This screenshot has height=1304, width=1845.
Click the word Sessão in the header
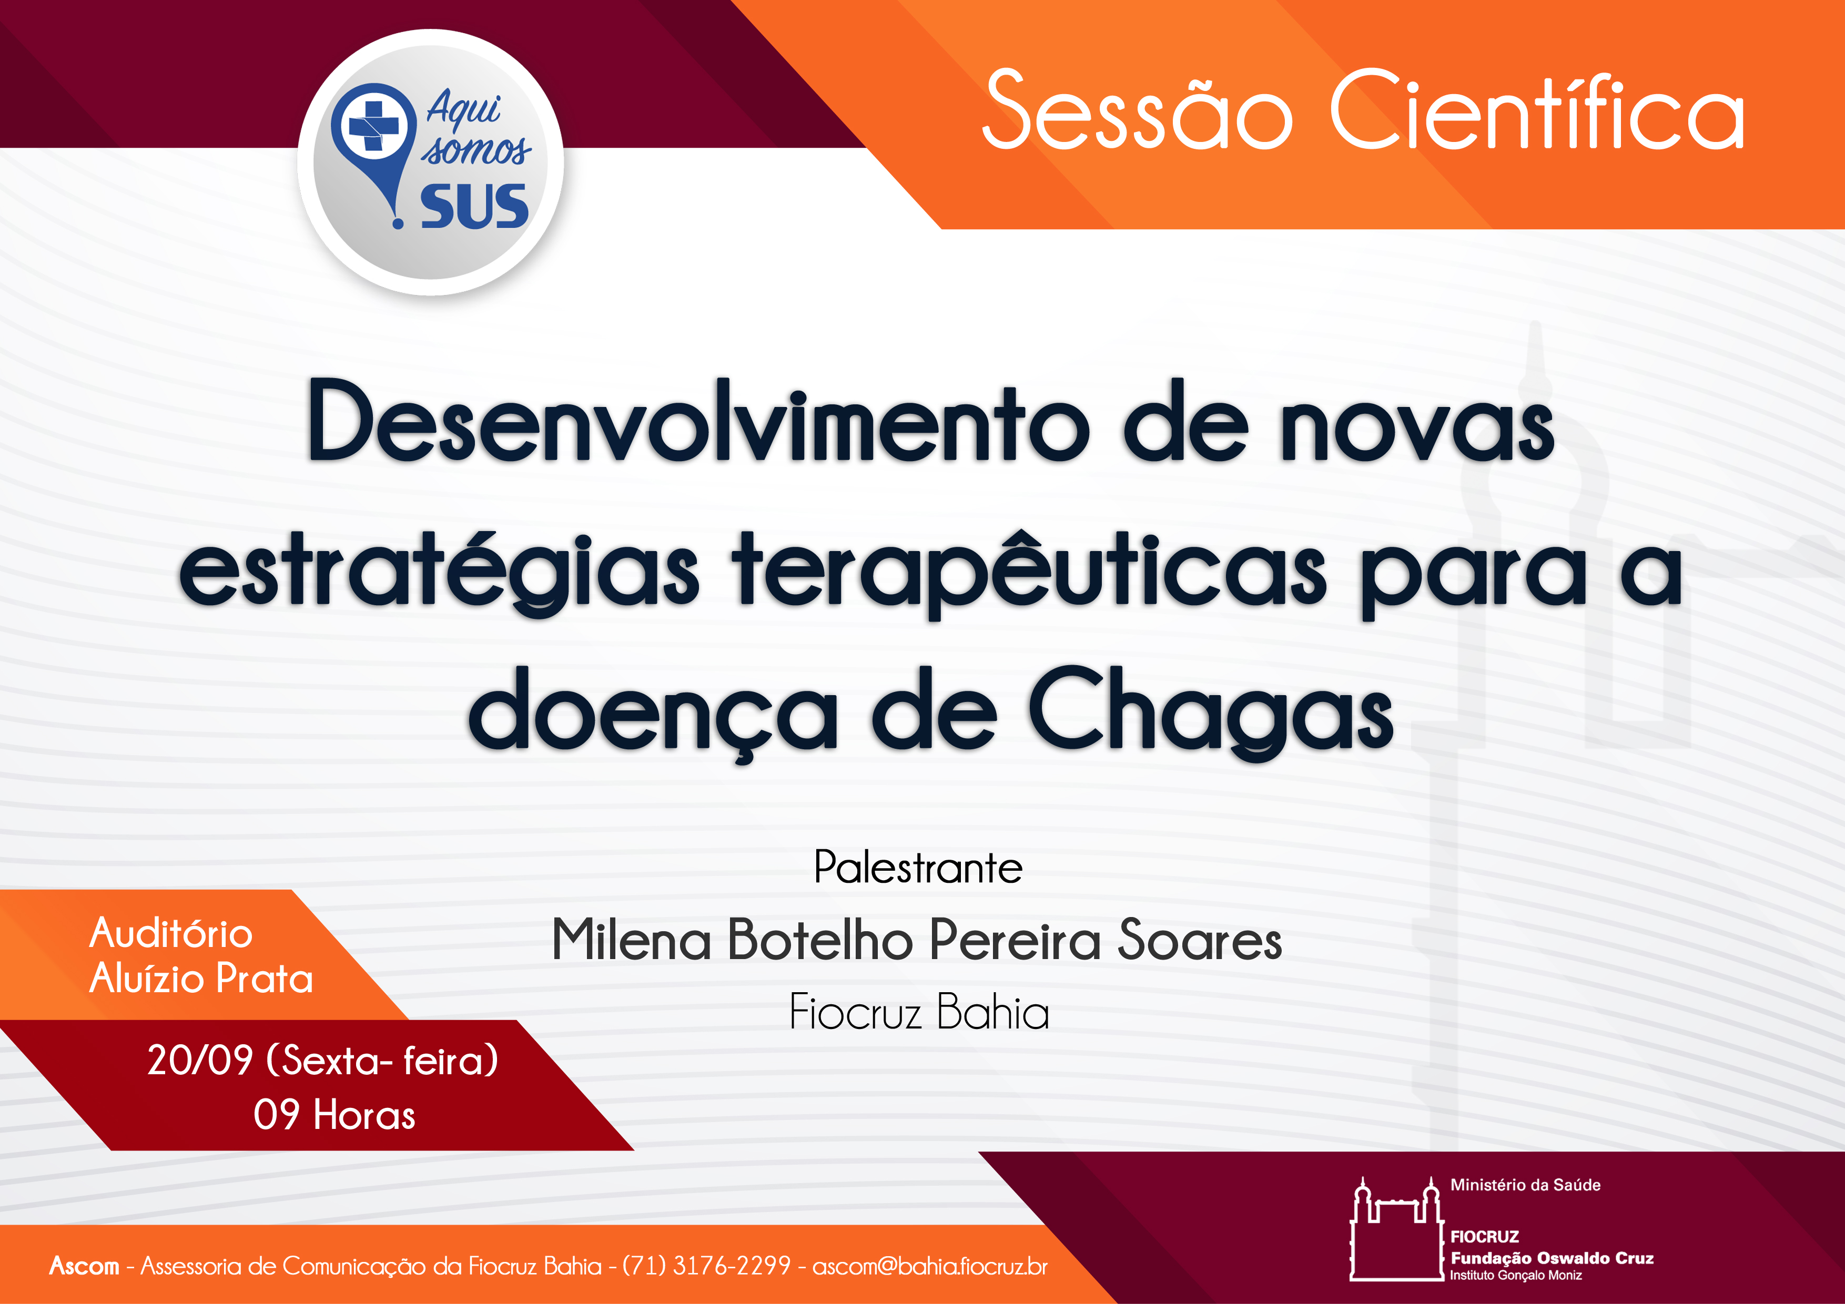[x=1137, y=109]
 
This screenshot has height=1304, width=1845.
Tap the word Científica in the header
[x=1536, y=109]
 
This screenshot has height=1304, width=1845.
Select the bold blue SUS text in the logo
[x=474, y=207]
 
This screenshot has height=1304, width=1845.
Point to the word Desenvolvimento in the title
[x=697, y=421]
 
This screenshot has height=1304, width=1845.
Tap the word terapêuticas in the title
[x=1029, y=573]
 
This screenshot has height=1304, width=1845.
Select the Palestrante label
[x=918, y=868]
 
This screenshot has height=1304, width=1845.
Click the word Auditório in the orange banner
[x=171, y=933]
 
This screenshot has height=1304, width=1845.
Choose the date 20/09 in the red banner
[x=200, y=1059]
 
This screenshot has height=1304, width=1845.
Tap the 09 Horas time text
[x=334, y=1114]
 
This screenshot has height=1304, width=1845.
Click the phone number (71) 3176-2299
[x=706, y=1266]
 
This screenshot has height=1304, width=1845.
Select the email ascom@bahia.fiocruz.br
[x=930, y=1266]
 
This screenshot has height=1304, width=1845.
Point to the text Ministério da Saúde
[x=1525, y=1185]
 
